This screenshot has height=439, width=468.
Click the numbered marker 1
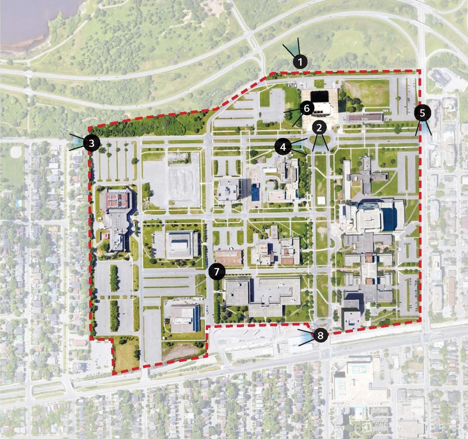pos(300,62)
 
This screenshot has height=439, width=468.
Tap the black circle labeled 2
pos(319,128)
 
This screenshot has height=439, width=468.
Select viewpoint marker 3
pos(91,143)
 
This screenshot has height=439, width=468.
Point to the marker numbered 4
pos(283,147)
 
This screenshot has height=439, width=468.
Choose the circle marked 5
pos(422,113)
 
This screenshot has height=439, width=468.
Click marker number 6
pos(306,108)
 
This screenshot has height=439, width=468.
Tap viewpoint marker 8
pos(320,335)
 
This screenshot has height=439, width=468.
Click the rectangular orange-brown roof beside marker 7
pos(229,257)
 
